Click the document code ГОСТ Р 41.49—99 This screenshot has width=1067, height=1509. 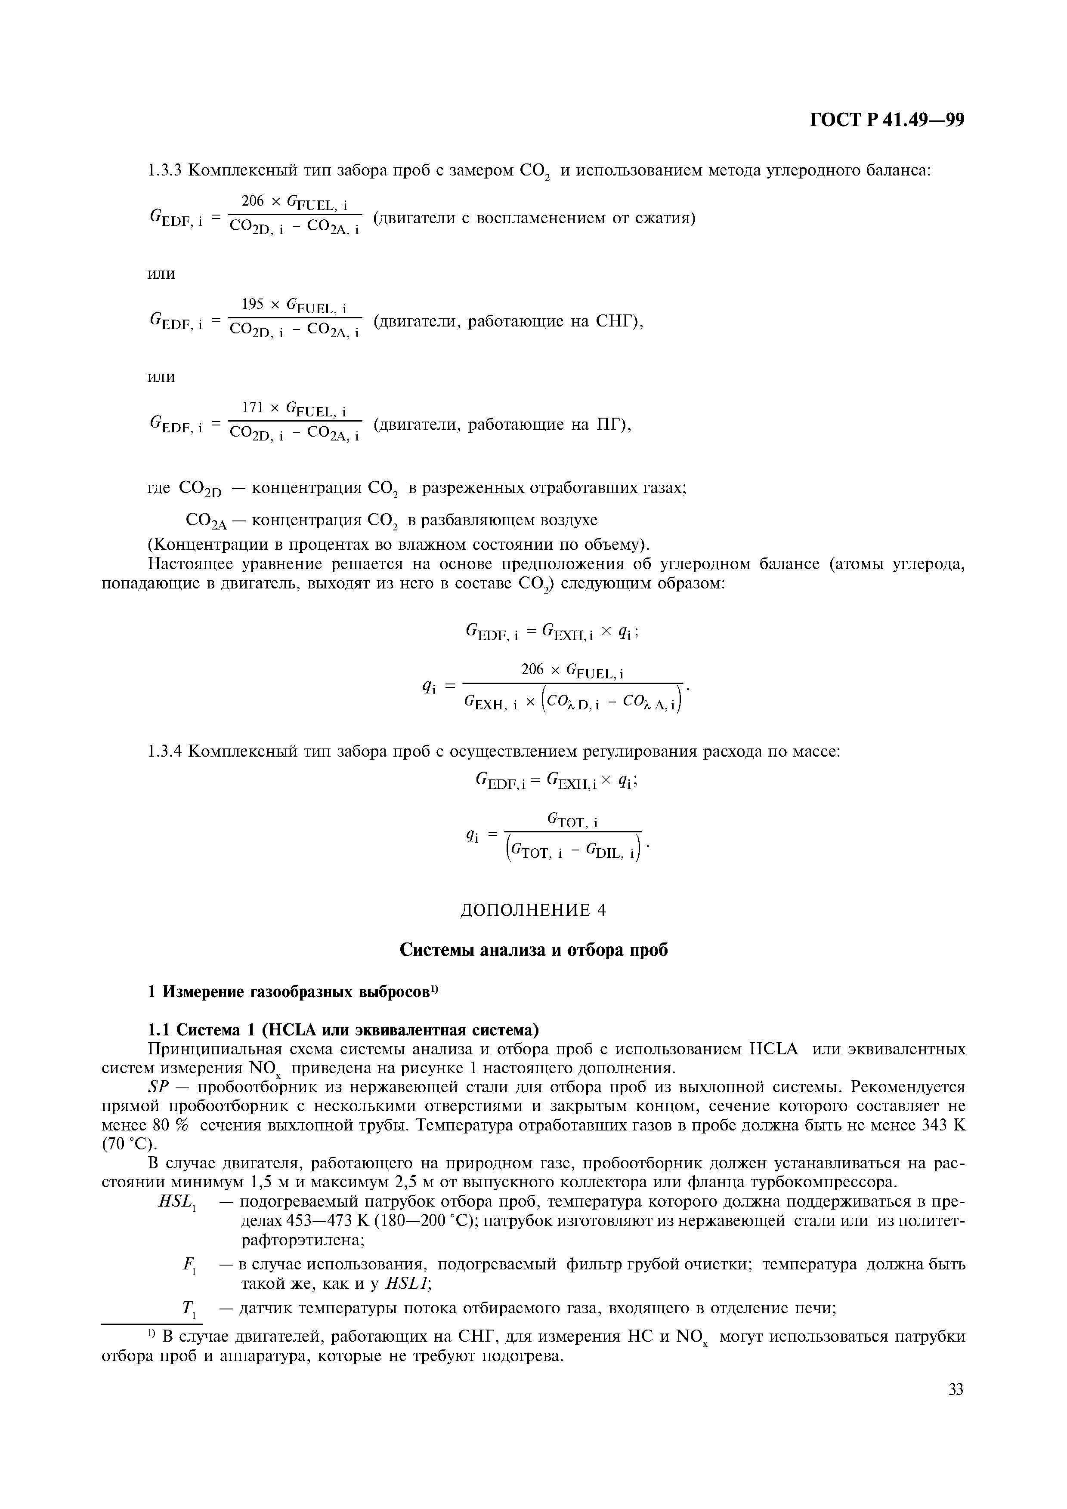coord(887,120)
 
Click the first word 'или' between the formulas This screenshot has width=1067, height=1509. coord(161,274)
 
